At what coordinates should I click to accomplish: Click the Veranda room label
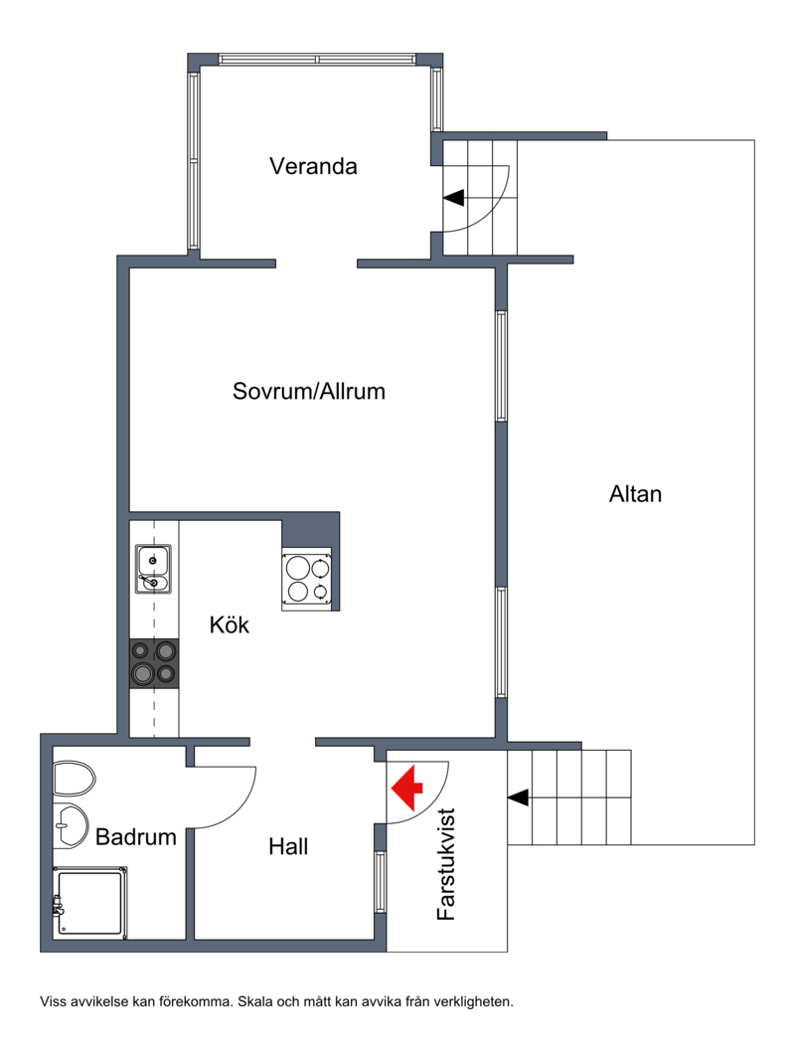313,166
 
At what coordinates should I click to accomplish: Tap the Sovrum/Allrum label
308,391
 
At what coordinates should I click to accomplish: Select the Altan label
635,494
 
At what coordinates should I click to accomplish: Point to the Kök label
230,623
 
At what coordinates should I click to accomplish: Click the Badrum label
136,837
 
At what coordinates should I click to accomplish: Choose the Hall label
288,846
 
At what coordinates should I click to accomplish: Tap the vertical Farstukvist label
446,864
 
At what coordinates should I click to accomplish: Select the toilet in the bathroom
74,779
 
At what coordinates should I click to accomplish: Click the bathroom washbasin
71,825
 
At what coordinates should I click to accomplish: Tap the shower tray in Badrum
90,903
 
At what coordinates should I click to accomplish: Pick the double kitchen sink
153,569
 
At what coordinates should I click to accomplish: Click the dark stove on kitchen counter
154,664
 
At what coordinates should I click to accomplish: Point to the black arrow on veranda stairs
454,198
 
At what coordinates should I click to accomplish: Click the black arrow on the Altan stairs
519,797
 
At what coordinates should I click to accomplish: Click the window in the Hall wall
381,882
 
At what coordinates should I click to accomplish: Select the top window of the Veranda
317,60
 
